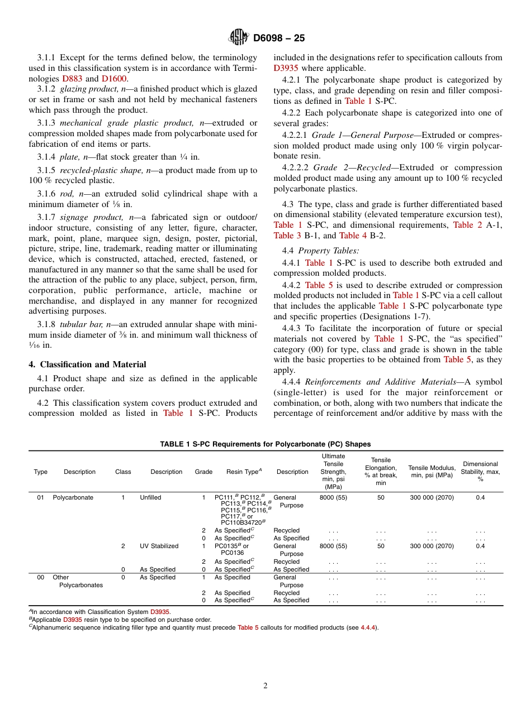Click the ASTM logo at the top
coord(239,38)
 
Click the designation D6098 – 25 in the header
coord(279,39)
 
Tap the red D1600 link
coord(115,79)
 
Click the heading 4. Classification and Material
coord(87,364)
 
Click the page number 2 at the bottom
coord(265,686)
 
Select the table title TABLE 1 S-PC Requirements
coord(265,444)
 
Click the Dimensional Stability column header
coord(480,471)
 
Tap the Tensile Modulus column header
coord(432,471)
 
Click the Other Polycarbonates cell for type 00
coord(77,581)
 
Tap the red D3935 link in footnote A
coord(159,612)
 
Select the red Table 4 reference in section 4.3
coord(349,236)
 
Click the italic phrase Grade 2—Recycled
coord(352,167)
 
